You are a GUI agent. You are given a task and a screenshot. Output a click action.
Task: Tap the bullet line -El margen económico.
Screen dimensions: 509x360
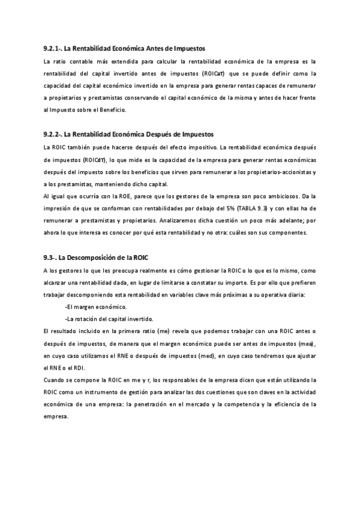[x=92, y=307]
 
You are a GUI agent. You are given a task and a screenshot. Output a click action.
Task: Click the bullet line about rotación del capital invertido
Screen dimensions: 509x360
[x=108, y=319]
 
